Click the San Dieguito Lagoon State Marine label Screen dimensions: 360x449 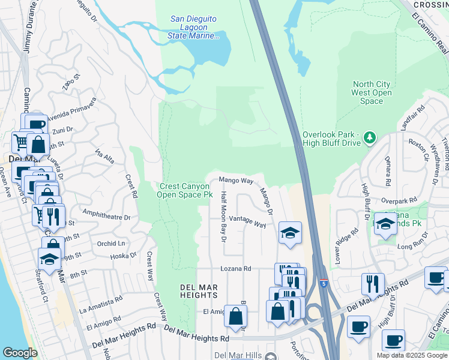(193, 28)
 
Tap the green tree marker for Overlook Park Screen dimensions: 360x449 (370, 138)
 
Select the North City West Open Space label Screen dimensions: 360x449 (372, 92)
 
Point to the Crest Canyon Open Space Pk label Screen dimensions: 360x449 (185, 191)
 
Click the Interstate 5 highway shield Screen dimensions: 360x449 (325, 281)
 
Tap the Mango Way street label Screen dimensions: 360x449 (236, 180)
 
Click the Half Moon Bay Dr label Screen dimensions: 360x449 (223, 217)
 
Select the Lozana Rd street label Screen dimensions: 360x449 (235, 269)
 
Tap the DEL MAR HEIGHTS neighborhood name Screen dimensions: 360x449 (199, 291)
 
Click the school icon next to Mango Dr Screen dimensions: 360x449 (290, 233)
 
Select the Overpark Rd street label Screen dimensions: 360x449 (399, 200)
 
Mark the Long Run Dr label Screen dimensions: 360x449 (411, 245)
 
